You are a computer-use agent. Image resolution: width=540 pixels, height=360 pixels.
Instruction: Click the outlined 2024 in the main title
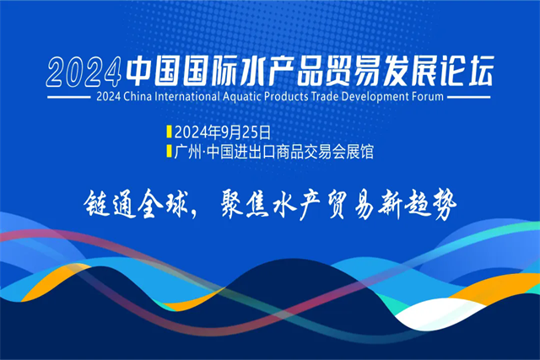coord(84,72)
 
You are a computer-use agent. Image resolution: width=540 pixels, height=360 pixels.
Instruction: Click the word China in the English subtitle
coord(138,96)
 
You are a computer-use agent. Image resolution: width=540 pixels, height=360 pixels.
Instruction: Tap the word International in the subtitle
coord(187,96)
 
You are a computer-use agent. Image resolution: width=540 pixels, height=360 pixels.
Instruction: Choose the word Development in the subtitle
coord(375,97)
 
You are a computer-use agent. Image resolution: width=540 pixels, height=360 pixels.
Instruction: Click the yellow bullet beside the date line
coord(169,132)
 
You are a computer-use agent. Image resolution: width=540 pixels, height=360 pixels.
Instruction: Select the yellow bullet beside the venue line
coord(169,152)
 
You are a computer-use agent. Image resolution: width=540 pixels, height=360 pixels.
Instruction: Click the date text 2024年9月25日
coord(223,132)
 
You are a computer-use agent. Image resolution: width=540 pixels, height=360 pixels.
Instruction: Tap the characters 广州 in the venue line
coord(187,152)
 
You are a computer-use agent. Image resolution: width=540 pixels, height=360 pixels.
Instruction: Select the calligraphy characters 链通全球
coord(135,204)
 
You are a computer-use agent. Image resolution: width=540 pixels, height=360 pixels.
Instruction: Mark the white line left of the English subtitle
coord(69,97)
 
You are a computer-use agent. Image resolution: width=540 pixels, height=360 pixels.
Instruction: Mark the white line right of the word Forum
coord(469,97)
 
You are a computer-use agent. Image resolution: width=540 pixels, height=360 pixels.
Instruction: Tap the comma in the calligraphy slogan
coord(193,214)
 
